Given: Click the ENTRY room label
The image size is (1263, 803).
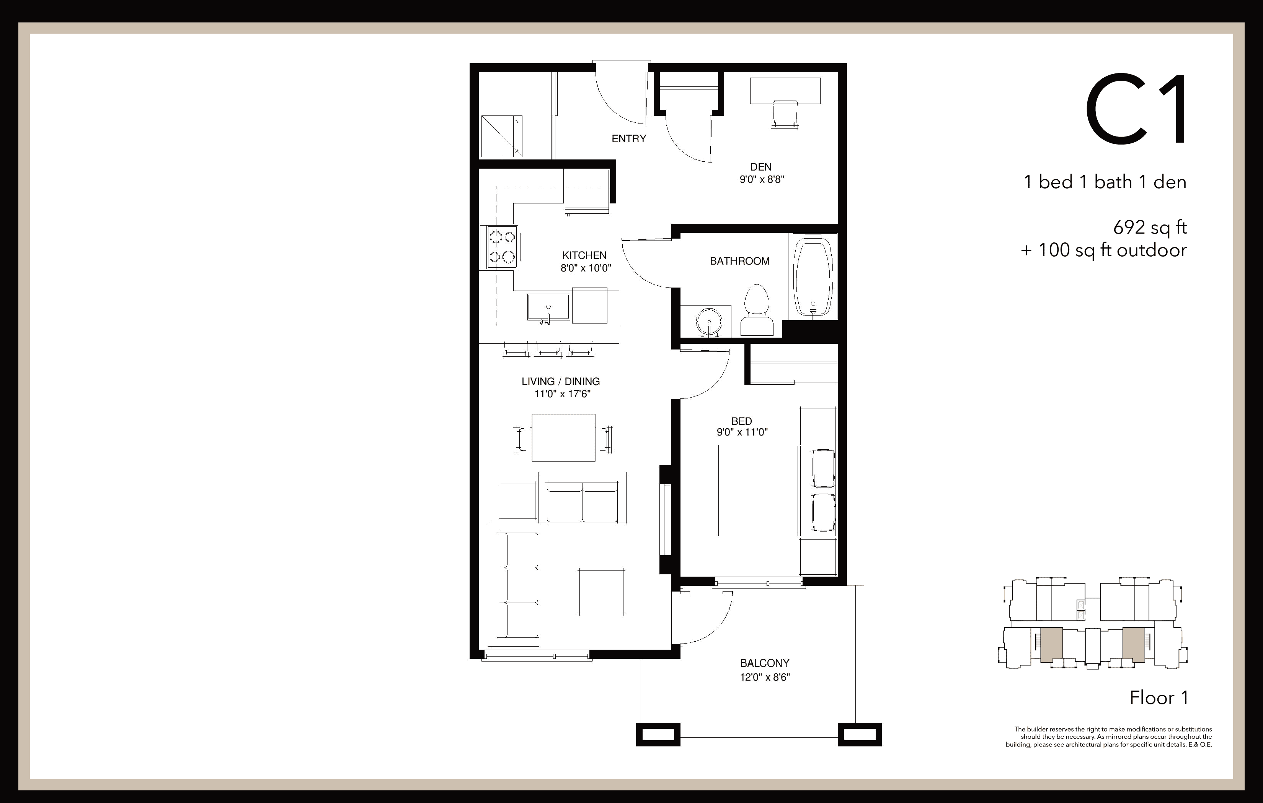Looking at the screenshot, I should pyautogui.click(x=628, y=138).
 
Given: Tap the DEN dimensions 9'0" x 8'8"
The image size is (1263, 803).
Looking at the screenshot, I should pyautogui.click(x=762, y=179).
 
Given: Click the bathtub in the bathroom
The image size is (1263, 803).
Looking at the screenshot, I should pyautogui.click(x=813, y=276).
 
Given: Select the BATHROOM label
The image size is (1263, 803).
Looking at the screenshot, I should pyautogui.click(x=739, y=261).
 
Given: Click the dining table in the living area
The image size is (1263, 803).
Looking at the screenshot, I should pyautogui.click(x=563, y=437).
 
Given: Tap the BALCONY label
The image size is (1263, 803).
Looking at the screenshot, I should pyautogui.click(x=765, y=663).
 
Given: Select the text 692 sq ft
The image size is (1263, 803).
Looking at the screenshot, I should pyautogui.click(x=1150, y=228).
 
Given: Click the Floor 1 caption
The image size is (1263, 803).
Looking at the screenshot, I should pyautogui.click(x=1159, y=697).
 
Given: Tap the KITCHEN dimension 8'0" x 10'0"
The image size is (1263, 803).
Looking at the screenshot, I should pyautogui.click(x=585, y=268).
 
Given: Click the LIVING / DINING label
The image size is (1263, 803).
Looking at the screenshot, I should pyautogui.click(x=560, y=382).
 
